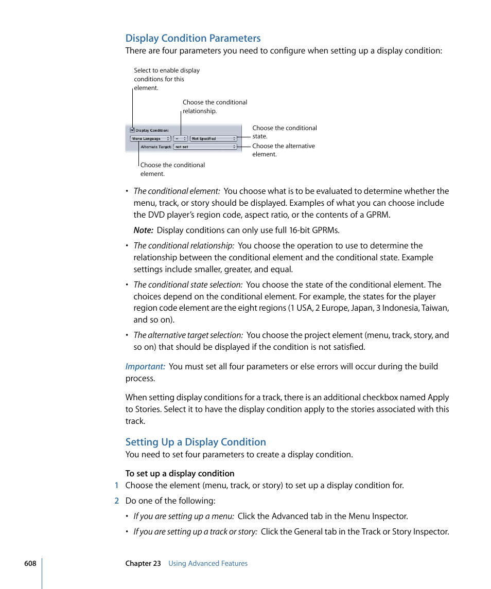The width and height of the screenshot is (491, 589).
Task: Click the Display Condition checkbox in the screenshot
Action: pyautogui.click(x=132, y=130)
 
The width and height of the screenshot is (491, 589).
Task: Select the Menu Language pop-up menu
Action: pyautogui.click(x=150, y=138)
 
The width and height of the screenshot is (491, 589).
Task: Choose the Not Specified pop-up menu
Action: pyautogui.click(x=214, y=138)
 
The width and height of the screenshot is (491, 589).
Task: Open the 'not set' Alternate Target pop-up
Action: pyautogui.click(x=205, y=147)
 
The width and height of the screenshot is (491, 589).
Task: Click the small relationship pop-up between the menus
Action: pyautogui.click(x=180, y=138)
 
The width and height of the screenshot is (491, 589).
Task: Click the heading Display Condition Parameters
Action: pyautogui.click(x=193, y=38)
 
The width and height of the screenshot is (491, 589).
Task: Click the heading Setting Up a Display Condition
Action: pyautogui.click(x=196, y=442)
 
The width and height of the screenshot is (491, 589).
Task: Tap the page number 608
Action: pyautogui.click(x=30, y=563)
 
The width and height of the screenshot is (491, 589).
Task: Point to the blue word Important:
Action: pyautogui.click(x=145, y=366)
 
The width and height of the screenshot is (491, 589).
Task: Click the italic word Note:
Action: pyautogui.click(x=143, y=230)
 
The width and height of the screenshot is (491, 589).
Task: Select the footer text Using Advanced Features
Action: pyautogui.click(x=208, y=563)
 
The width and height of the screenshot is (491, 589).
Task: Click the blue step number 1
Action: pyautogui.click(x=116, y=485)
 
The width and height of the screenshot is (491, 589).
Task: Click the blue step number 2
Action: pyautogui.click(x=116, y=501)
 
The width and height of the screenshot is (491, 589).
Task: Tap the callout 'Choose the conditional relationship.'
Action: pyautogui.click(x=215, y=106)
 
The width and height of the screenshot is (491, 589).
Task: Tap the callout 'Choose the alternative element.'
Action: pyautogui.click(x=283, y=150)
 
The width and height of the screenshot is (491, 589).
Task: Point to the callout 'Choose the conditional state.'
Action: pyautogui.click(x=284, y=132)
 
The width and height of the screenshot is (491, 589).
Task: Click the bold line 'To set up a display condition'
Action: pyautogui.click(x=180, y=473)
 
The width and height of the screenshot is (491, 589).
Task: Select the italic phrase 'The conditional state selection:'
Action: pyautogui.click(x=188, y=284)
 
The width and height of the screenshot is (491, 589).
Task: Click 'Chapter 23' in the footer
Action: pyautogui.click(x=143, y=563)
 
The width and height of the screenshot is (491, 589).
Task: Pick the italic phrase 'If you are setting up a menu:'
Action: pyautogui.click(x=184, y=516)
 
